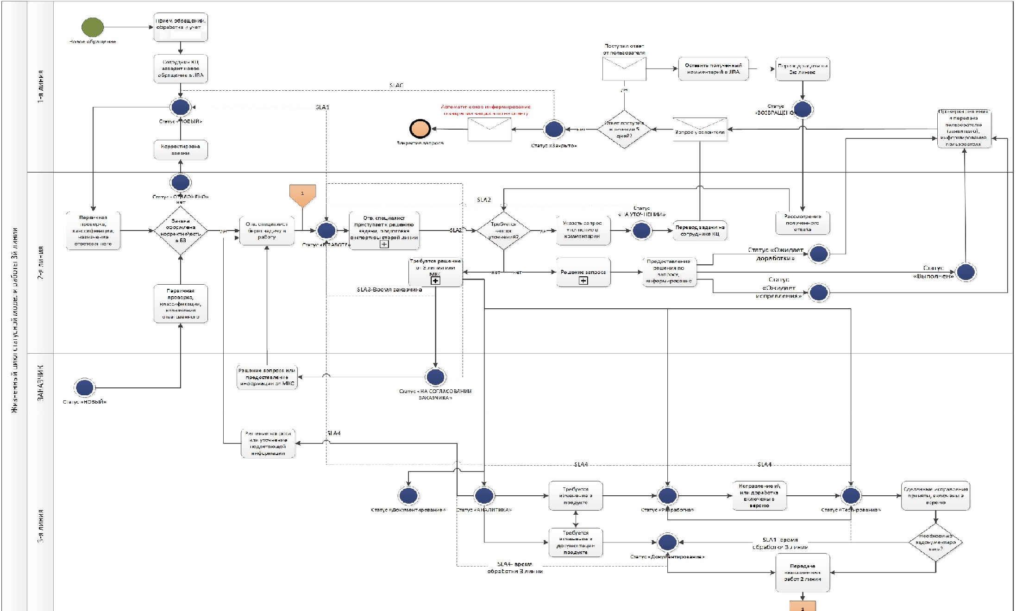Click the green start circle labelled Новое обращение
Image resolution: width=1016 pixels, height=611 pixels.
93,27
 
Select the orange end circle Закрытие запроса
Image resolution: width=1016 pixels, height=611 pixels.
420,129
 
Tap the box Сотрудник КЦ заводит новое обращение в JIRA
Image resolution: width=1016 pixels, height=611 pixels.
181,69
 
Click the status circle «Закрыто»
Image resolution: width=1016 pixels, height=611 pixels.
554,129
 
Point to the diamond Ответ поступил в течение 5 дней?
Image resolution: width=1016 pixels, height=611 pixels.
624,130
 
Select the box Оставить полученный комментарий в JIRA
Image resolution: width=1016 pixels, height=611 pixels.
713,69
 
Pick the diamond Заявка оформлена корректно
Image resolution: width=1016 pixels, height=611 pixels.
181,231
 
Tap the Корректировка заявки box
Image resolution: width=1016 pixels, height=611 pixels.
181,150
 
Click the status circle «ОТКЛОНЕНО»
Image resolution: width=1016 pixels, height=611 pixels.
181,182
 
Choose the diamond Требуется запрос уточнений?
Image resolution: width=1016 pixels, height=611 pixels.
503,231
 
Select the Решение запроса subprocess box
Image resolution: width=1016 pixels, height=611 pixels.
583,273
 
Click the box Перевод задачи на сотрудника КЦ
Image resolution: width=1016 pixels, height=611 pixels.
700,231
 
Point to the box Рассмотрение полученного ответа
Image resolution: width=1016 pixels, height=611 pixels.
803,223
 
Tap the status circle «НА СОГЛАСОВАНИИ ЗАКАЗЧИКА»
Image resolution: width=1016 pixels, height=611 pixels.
435,377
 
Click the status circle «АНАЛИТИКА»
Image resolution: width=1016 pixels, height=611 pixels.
484,495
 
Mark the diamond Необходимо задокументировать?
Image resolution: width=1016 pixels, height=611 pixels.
935,542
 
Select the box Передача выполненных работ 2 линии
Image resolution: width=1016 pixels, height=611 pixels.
803,573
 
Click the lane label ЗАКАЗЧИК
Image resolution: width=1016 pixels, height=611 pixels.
41,382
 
